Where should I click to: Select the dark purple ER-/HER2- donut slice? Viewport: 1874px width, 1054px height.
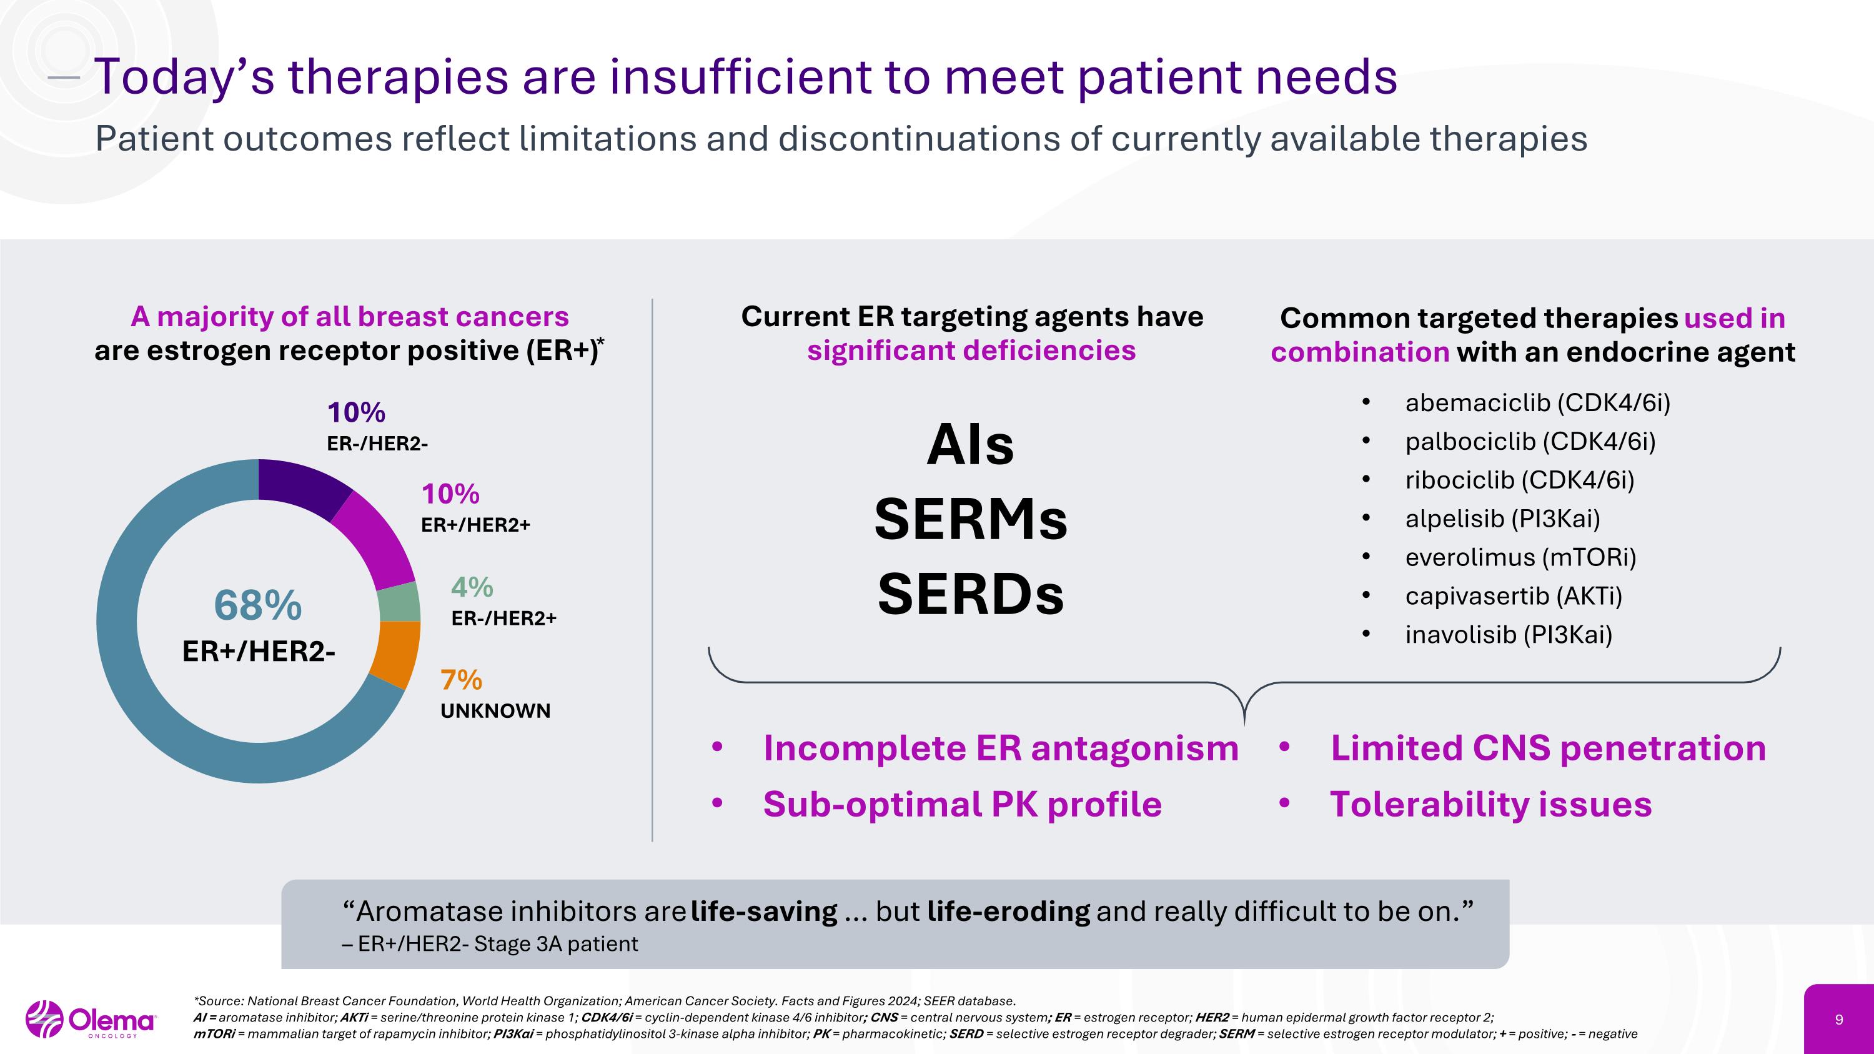point(304,486)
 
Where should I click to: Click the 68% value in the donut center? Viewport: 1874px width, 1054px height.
point(257,605)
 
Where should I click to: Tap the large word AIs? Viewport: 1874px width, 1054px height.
point(971,445)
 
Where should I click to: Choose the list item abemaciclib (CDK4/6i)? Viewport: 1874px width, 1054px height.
point(1537,402)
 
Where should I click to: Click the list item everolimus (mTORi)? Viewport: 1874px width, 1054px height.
point(1520,557)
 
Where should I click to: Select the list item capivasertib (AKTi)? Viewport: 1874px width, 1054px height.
point(1513,596)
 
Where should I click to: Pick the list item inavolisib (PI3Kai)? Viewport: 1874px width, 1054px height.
point(1508,634)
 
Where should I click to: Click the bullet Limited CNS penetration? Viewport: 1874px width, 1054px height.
point(1547,748)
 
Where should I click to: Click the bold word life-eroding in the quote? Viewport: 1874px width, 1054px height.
point(1008,911)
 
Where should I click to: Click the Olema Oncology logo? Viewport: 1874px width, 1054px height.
point(91,1020)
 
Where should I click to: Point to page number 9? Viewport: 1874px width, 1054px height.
point(1839,1020)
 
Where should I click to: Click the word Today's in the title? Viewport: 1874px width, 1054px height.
point(185,76)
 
